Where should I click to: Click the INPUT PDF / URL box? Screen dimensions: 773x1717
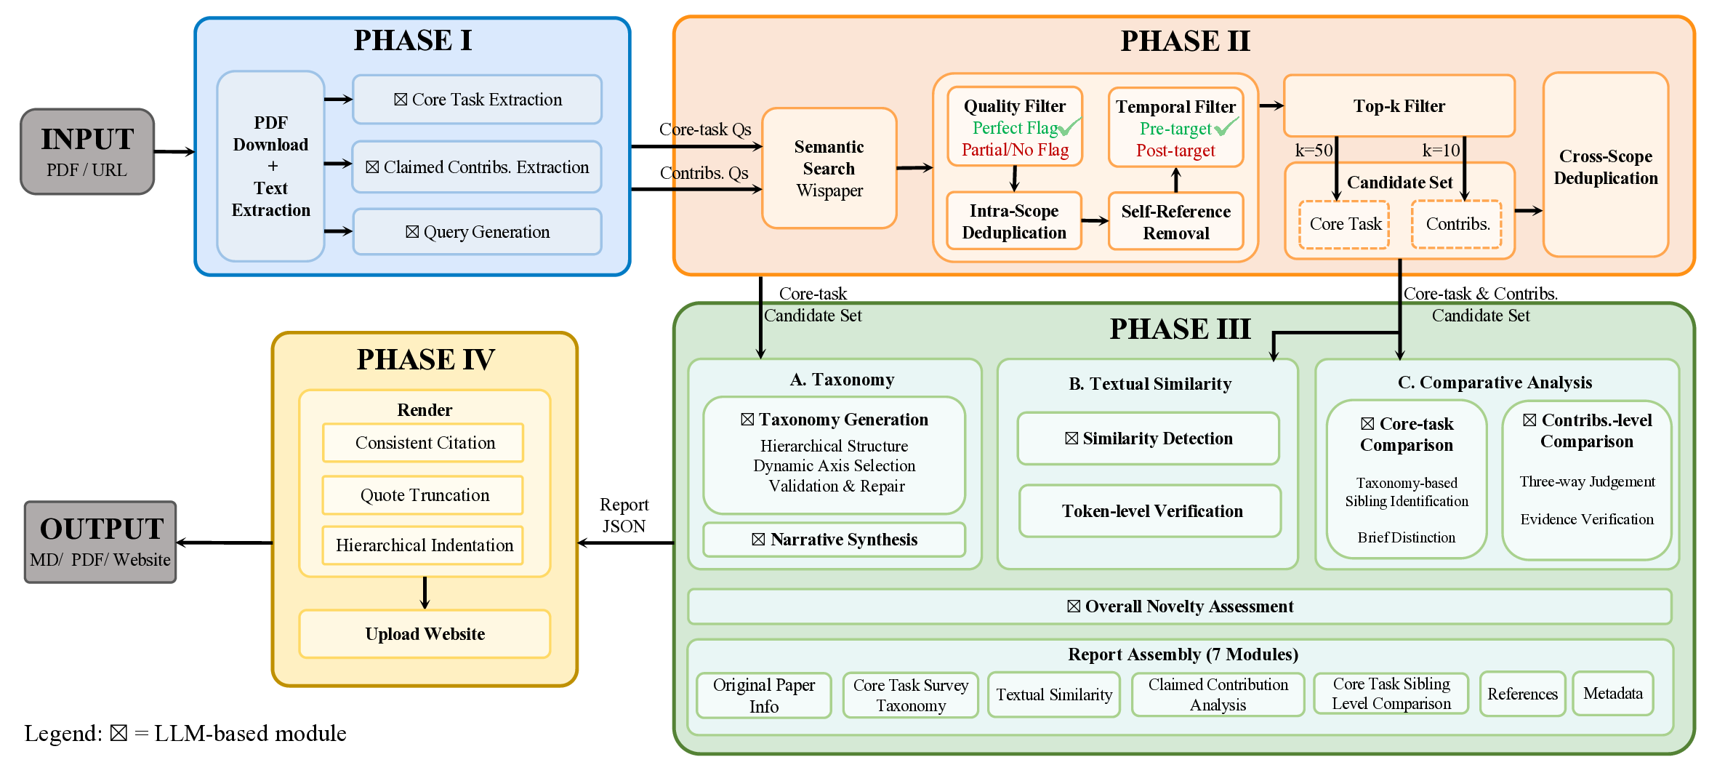point(87,152)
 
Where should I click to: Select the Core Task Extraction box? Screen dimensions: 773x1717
point(477,100)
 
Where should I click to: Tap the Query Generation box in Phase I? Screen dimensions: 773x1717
point(477,232)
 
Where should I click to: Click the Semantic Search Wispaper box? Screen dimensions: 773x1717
point(829,169)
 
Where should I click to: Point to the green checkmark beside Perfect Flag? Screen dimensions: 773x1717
point(1070,127)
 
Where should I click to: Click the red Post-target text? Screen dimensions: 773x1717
point(1175,151)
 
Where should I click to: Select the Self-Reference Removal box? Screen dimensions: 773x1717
point(1175,222)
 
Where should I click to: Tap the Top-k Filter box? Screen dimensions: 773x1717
point(1399,106)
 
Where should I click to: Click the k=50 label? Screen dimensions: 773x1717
point(1314,151)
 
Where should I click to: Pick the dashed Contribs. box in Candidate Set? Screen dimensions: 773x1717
point(1457,224)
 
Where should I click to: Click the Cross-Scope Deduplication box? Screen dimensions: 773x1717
point(1605,167)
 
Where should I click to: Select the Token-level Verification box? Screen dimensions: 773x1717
point(1151,511)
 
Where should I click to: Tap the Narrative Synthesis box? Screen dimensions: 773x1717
point(835,540)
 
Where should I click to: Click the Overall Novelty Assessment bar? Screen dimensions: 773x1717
point(1179,606)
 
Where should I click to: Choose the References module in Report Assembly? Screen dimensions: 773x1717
point(1522,694)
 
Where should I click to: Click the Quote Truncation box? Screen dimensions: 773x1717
point(424,495)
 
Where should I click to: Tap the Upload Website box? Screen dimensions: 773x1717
point(425,634)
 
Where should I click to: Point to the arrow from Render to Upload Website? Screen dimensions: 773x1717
point(425,593)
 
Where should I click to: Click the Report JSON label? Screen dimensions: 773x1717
point(624,515)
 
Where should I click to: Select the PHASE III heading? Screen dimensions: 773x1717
point(1179,329)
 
